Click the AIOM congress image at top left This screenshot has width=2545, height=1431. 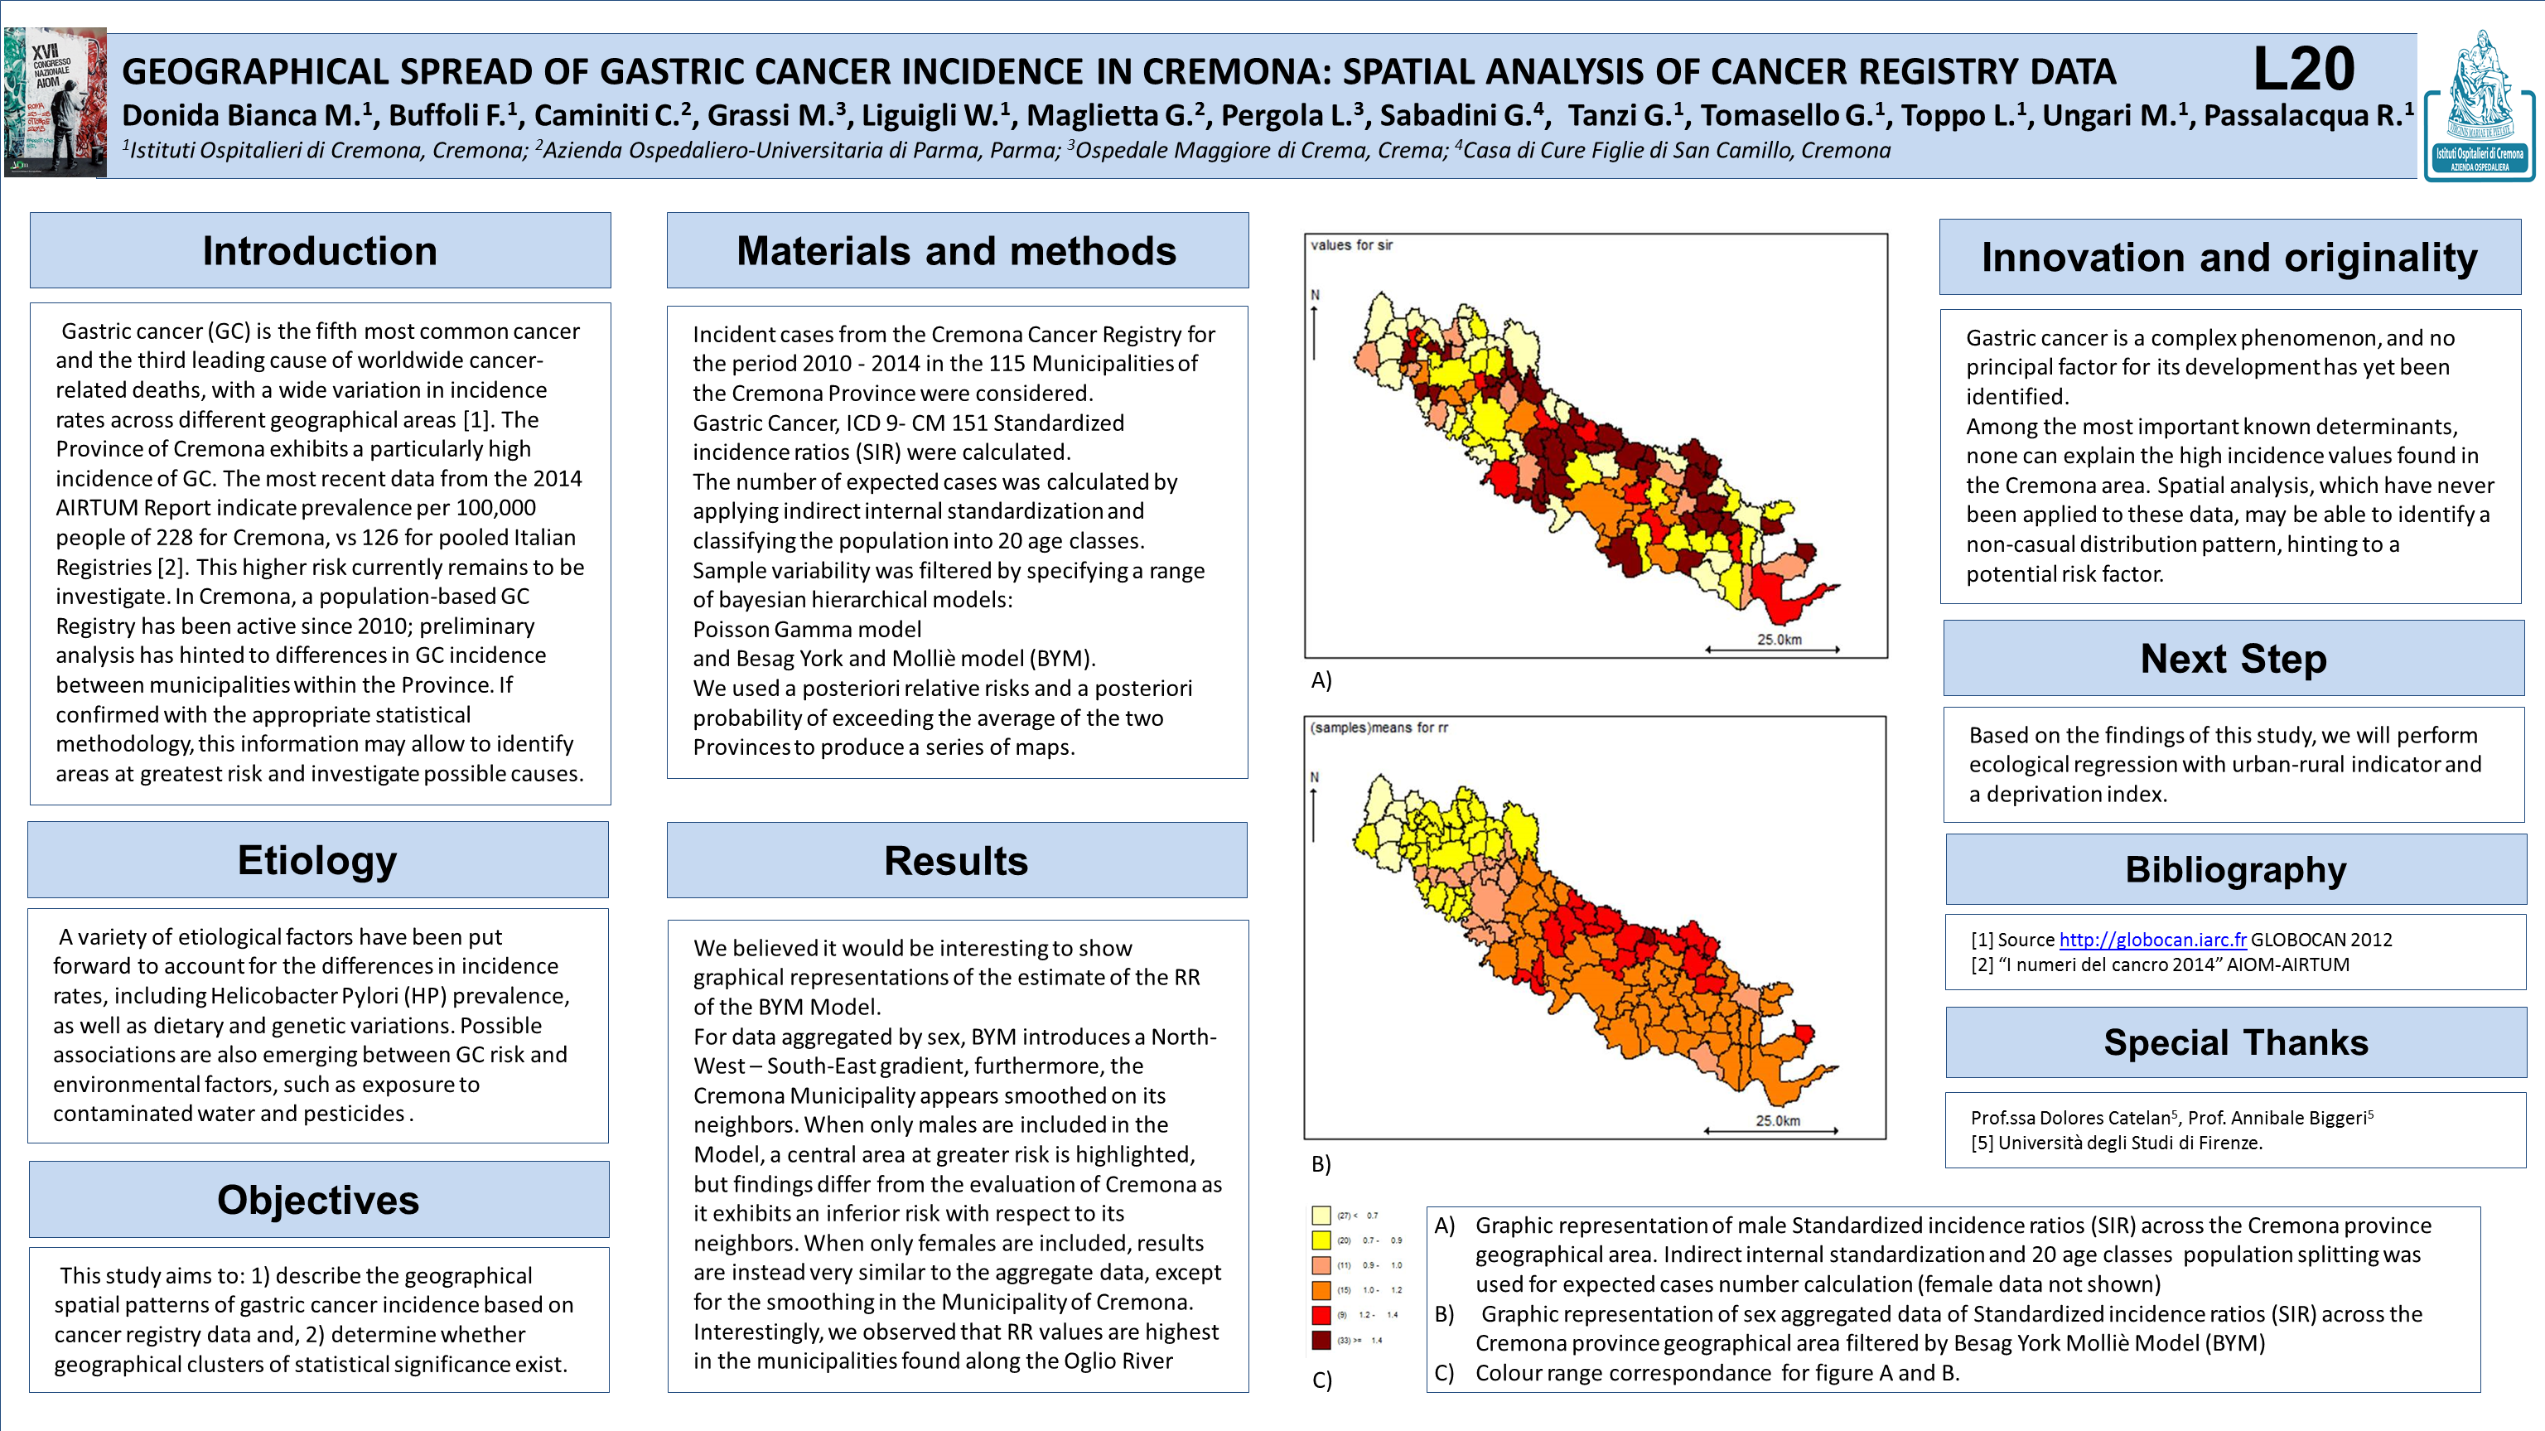tap(56, 102)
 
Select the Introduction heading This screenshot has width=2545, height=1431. tap(320, 251)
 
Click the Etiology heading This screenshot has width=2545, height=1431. tap(317, 860)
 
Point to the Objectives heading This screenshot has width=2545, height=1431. tap(318, 1200)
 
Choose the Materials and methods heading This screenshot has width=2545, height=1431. tap(956, 251)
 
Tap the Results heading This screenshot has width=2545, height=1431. tap(955, 861)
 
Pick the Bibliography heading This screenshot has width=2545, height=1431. tap(2235, 870)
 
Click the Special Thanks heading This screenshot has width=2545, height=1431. tap(2235, 1042)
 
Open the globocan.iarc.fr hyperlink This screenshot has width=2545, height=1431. tap(2151, 940)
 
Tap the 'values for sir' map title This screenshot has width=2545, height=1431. tap(1350, 245)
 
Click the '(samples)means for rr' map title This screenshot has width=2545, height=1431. tap(1379, 728)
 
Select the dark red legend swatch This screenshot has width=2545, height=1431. tap(1321, 1340)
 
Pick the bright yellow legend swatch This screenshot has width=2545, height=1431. tap(1321, 1240)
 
